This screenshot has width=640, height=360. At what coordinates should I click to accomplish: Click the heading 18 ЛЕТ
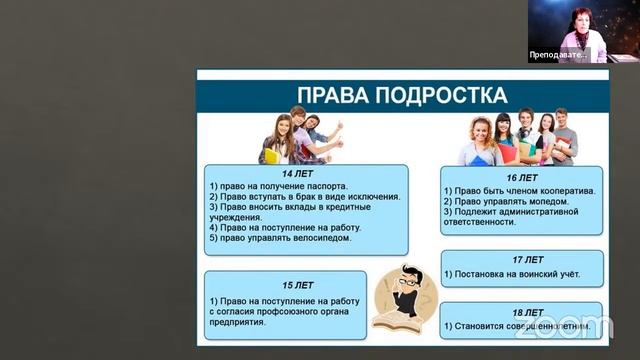pos(522,312)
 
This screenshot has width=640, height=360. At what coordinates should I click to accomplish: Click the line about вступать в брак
pos(305,197)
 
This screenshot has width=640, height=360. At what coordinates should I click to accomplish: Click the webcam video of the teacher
pos(568,30)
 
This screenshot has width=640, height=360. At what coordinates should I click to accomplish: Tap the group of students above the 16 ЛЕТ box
pos(520,137)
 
